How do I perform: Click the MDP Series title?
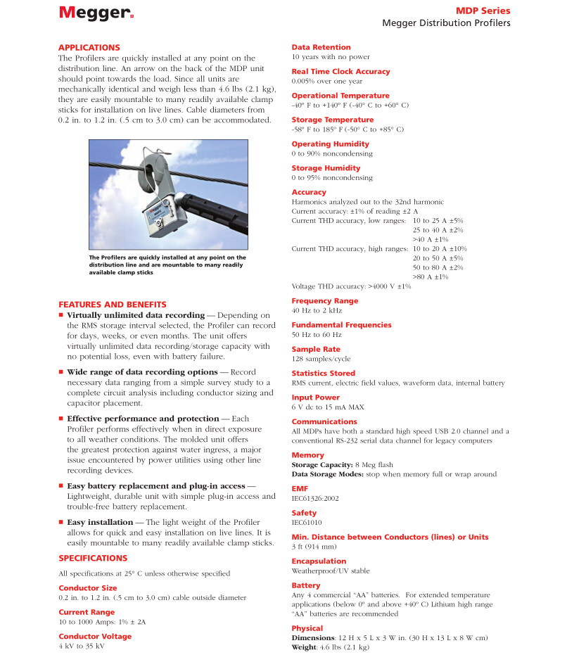point(484,11)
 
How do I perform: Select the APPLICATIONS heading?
point(89,47)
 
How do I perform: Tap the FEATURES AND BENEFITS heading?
point(113,305)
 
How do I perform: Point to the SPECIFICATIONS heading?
point(93,558)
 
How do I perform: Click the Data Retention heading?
point(321,47)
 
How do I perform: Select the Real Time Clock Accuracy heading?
point(340,71)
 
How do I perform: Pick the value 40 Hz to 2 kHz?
point(316,310)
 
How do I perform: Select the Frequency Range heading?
point(324,300)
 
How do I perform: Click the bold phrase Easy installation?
point(100,522)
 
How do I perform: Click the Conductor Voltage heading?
point(94,636)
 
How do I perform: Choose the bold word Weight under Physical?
point(304,647)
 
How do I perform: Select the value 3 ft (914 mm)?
point(314,547)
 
